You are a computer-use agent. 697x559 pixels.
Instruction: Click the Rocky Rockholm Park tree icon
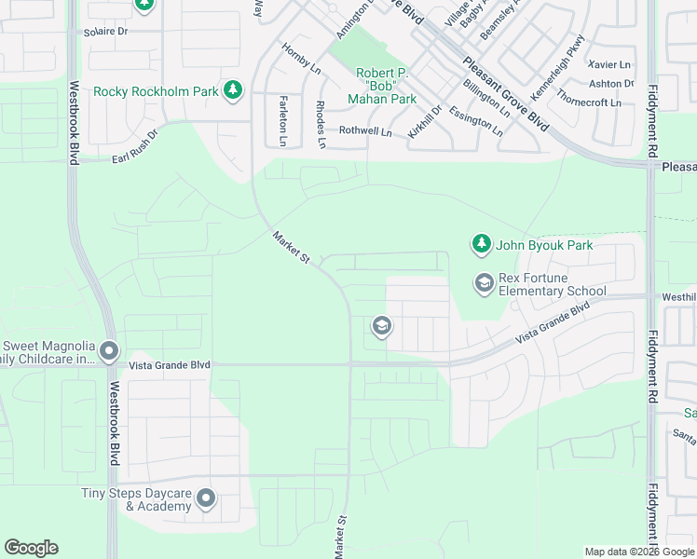pyautogui.click(x=232, y=90)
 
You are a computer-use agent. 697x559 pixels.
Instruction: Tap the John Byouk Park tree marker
pyautogui.click(x=481, y=245)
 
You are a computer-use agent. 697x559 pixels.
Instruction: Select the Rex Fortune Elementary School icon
pyautogui.click(x=484, y=282)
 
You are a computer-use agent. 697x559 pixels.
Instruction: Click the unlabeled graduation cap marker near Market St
pyautogui.click(x=380, y=326)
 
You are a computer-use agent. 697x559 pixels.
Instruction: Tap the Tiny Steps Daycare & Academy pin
pyautogui.click(x=206, y=499)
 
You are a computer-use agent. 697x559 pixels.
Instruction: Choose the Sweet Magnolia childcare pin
pyautogui.click(x=109, y=352)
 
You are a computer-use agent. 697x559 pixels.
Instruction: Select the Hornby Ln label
pyautogui.click(x=301, y=61)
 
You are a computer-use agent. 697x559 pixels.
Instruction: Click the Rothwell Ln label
pyautogui.click(x=364, y=131)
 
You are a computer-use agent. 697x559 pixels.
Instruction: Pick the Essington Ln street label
pyautogui.click(x=475, y=121)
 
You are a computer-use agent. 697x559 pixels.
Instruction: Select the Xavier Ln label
pyautogui.click(x=609, y=64)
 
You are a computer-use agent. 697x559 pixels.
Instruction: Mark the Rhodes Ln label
pyautogui.click(x=321, y=125)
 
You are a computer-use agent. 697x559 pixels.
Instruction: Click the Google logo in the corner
pyautogui.click(x=31, y=548)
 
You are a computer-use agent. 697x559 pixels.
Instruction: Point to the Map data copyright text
pyautogui.click(x=638, y=552)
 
